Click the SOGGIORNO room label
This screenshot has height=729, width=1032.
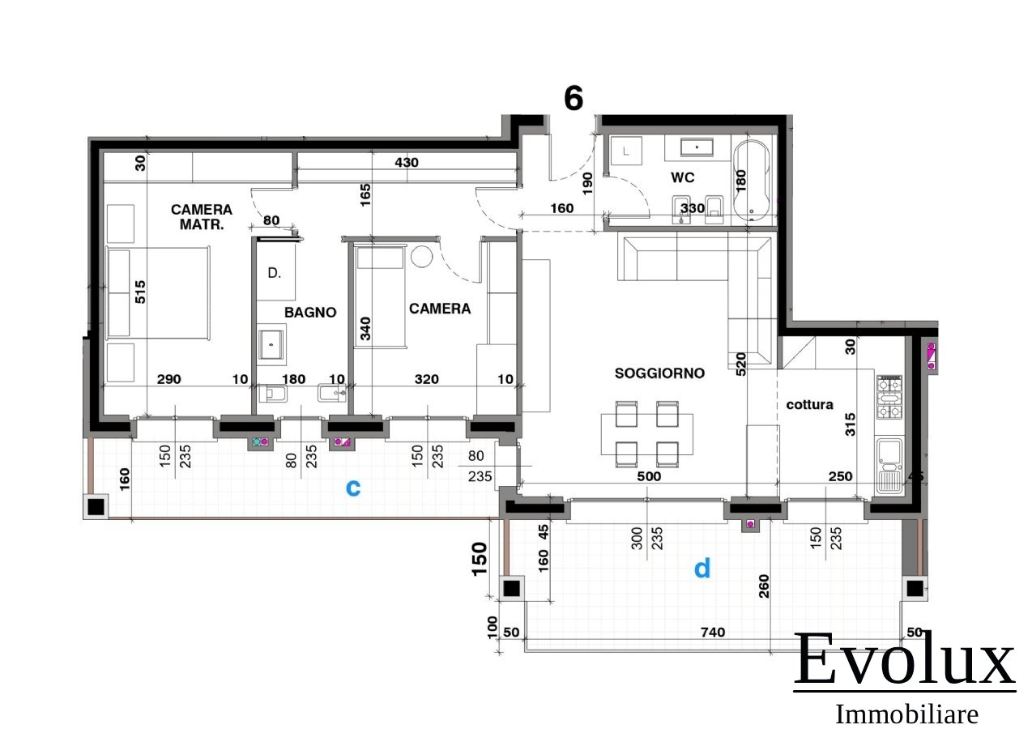pyautogui.click(x=659, y=373)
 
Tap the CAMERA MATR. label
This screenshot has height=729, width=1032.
pyautogui.click(x=202, y=217)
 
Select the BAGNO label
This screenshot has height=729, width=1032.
pyautogui.click(x=310, y=313)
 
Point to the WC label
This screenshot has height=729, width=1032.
pyautogui.click(x=682, y=177)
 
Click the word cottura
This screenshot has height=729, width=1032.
pyautogui.click(x=809, y=404)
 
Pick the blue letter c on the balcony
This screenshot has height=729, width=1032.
pyautogui.click(x=353, y=488)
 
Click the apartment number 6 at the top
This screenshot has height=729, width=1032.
pyautogui.click(x=574, y=98)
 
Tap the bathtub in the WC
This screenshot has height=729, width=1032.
pyautogui.click(x=751, y=181)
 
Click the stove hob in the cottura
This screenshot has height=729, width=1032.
pyautogui.click(x=889, y=397)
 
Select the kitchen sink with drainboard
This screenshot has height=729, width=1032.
pyautogui.click(x=889, y=466)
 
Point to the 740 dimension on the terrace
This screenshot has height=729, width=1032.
pyautogui.click(x=713, y=633)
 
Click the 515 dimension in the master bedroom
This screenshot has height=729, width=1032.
pyautogui.click(x=140, y=292)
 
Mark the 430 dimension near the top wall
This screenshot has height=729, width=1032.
pyautogui.click(x=407, y=162)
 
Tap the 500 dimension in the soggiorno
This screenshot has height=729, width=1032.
pyautogui.click(x=649, y=476)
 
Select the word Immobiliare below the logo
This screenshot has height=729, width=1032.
pyautogui.click(x=906, y=714)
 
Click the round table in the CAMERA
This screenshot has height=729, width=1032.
pyautogui.click(x=421, y=257)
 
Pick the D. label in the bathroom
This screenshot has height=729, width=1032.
pyautogui.click(x=274, y=273)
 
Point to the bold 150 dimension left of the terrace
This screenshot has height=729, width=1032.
pyautogui.click(x=480, y=559)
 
